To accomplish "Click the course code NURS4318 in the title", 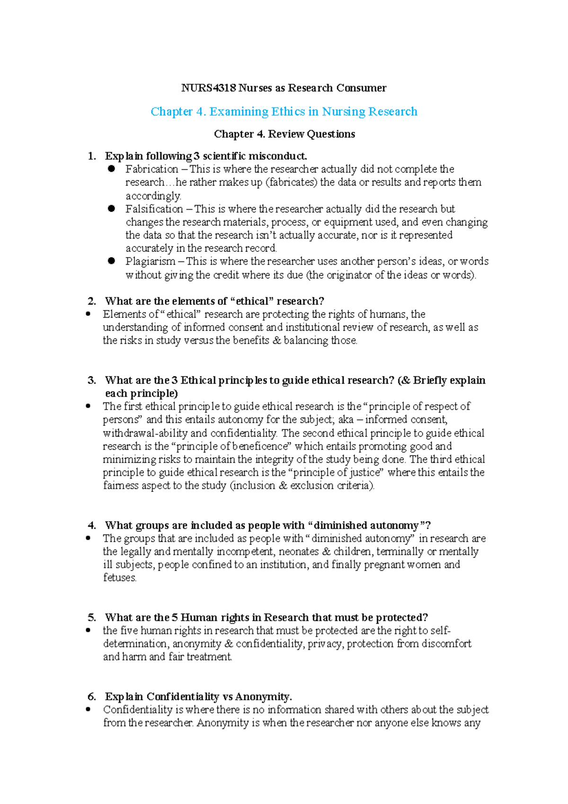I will [209, 88].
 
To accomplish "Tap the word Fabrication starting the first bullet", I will [151, 169].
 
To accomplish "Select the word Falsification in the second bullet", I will [154, 209].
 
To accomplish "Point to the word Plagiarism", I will [150, 261].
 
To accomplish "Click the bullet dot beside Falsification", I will [112, 208].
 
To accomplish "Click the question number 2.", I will [92, 301].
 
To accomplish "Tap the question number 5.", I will [92, 617].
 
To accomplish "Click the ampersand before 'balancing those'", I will [277, 340].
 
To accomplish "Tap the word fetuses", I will [120, 578].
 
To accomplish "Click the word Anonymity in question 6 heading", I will [263, 697].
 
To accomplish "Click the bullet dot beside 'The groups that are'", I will [88, 538].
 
